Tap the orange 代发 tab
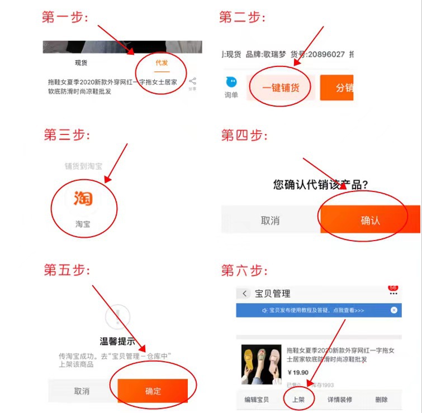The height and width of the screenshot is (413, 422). pos(162,63)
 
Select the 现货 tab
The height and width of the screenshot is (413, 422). pos(81,63)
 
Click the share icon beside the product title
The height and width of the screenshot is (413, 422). pos(192,82)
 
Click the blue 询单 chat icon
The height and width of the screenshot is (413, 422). pos(231,83)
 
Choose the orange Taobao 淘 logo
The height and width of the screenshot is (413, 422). pos(83,199)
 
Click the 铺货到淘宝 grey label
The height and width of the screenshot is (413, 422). pos(83,166)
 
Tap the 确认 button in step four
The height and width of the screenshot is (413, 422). pos(370,220)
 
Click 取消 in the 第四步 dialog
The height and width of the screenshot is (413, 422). pos(270,220)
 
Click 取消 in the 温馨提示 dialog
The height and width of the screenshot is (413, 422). pos(82,391)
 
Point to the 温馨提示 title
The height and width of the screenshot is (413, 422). pos(117,342)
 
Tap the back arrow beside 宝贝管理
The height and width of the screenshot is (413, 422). pos(244,294)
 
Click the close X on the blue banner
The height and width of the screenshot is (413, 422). pos(394,310)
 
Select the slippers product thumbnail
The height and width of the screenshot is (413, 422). pos(261,364)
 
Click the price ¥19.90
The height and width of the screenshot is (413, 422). pos(298,373)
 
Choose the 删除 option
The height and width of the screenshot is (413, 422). pos(382,400)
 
